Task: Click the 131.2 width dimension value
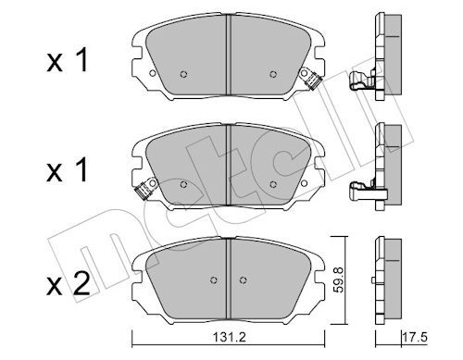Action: coord(229,337)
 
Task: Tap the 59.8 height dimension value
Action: coord(339,280)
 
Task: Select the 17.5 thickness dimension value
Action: coord(416,337)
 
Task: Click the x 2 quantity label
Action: coord(69,284)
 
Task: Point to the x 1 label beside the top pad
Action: coord(68,60)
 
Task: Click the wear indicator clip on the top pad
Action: coord(311,78)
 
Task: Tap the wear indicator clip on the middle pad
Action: coord(145,189)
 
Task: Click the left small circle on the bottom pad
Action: coord(213,280)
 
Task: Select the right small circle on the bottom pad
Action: coord(244,280)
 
